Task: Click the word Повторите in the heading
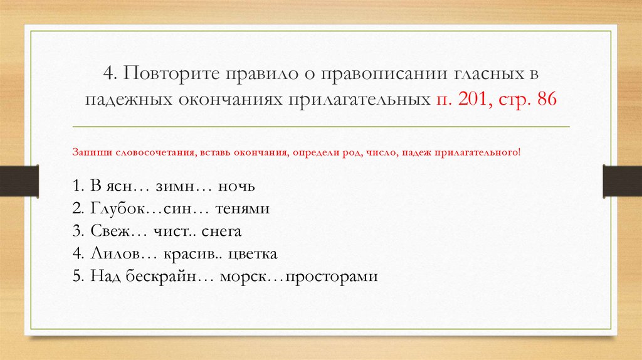point(172,74)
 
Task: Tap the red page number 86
point(547,98)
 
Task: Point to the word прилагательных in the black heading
point(359,100)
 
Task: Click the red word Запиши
point(92,152)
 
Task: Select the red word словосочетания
point(155,152)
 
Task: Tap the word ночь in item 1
point(236,187)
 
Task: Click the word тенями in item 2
point(242,209)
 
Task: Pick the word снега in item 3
point(221,231)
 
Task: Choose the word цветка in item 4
point(253,254)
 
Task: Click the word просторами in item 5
point(331,277)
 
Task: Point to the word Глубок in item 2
point(118,209)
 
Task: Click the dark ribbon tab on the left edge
point(19,181)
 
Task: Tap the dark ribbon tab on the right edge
point(623,181)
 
